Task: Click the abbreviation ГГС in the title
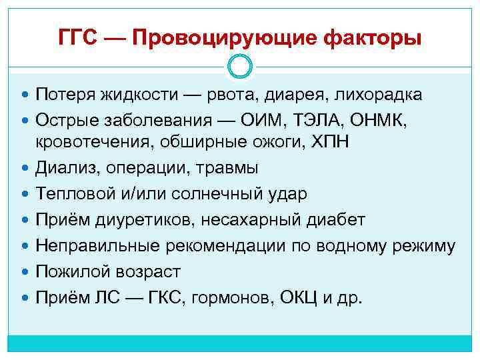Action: [79, 39]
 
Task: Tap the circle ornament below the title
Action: [240, 66]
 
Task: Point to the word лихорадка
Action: [380, 95]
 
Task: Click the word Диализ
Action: [63, 168]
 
